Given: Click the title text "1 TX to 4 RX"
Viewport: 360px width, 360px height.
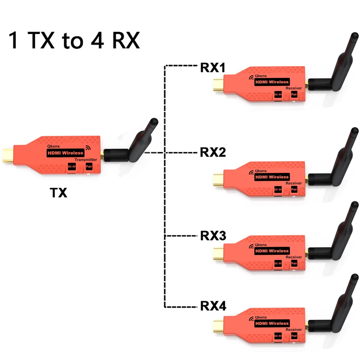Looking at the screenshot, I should click(74, 40).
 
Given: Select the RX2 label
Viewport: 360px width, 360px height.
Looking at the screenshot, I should click(213, 153).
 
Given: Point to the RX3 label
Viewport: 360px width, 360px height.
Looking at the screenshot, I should click(213, 236).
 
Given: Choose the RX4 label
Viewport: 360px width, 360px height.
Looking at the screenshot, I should click(213, 306).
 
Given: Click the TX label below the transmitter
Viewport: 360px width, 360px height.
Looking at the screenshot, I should click(58, 192).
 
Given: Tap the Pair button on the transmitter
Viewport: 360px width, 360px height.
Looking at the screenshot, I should click(89, 166).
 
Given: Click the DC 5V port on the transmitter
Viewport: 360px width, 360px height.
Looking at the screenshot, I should click(72, 166).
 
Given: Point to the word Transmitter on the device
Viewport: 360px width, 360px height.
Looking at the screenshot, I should click(86, 160).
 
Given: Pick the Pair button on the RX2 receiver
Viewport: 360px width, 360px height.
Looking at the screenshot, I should click(294, 190).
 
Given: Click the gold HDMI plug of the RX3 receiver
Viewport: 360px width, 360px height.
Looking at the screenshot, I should click(218, 254).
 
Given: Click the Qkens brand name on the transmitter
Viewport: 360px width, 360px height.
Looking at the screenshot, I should click(53, 146).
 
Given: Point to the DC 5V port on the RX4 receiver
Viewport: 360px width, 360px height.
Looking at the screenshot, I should click(278, 336).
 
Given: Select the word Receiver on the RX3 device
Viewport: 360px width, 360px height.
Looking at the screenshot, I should click(294, 257).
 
